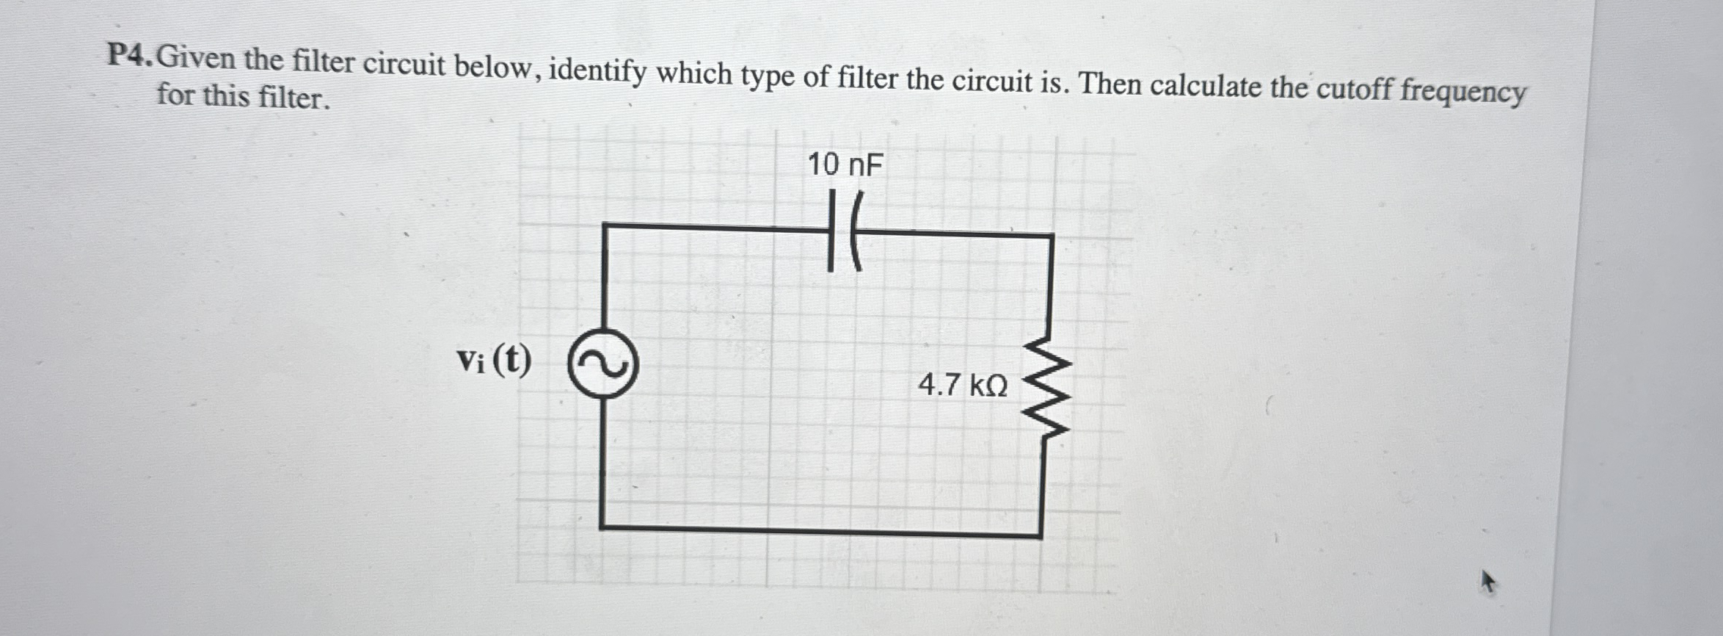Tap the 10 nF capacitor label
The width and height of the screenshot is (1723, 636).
click(x=845, y=165)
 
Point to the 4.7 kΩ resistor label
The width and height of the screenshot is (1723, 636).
click(x=963, y=385)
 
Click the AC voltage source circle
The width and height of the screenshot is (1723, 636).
click(x=603, y=364)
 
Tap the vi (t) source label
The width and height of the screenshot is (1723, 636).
click(x=494, y=360)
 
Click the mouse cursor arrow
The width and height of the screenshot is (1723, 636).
click(x=1487, y=582)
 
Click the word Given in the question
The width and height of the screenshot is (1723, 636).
click(x=197, y=57)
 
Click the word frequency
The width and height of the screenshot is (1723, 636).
click(x=1463, y=93)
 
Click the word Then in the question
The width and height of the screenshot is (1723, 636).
click(x=1110, y=84)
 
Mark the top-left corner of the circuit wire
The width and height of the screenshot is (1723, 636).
click(x=604, y=226)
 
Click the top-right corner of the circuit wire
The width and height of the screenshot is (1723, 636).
click(x=1052, y=236)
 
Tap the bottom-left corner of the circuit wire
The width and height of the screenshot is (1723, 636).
click(x=602, y=527)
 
